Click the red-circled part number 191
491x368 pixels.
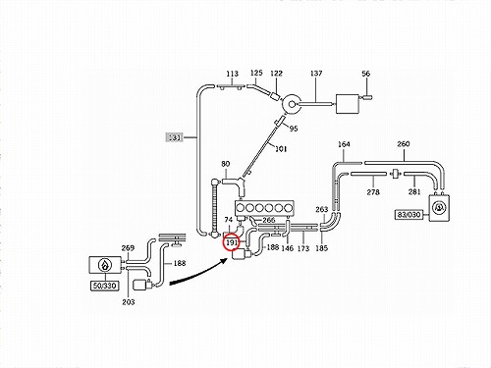click(232, 242)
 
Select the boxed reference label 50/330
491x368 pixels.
click(104, 286)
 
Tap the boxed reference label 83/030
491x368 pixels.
click(409, 215)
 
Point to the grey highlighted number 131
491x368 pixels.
click(174, 137)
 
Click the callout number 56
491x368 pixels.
click(366, 74)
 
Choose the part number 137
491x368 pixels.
click(316, 74)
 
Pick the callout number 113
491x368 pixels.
click(232, 74)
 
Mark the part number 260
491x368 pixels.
click(404, 144)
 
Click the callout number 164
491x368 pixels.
click(344, 144)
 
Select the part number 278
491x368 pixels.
click(373, 192)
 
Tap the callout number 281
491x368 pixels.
click(414, 191)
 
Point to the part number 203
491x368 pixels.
click(129, 302)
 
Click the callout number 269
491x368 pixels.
click(128, 248)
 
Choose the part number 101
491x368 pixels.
click(281, 149)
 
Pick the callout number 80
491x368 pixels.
click(226, 164)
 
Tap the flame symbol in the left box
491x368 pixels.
click(105, 265)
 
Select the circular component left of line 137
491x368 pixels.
click(292, 104)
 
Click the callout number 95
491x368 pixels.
click(294, 129)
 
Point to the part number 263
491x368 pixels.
click(322, 209)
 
